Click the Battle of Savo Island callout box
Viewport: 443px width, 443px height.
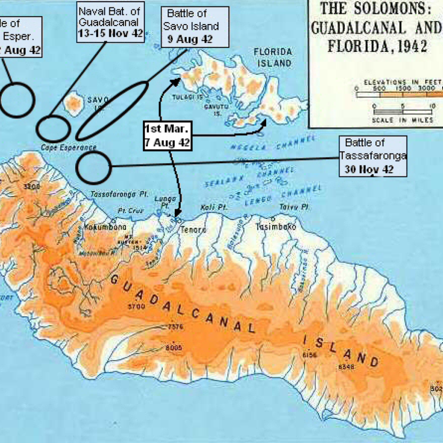pyautogui.click(x=194, y=27)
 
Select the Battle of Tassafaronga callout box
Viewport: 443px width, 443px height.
pyautogui.click(x=372, y=156)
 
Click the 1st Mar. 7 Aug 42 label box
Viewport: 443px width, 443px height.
pyautogui.click(x=167, y=136)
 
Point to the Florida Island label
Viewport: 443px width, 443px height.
pyautogui.click(x=272, y=58)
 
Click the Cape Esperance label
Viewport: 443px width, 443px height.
pyautogui.click(x=69, y=148)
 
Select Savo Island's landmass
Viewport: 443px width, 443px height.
pyautogui.click(x=74, y=104)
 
